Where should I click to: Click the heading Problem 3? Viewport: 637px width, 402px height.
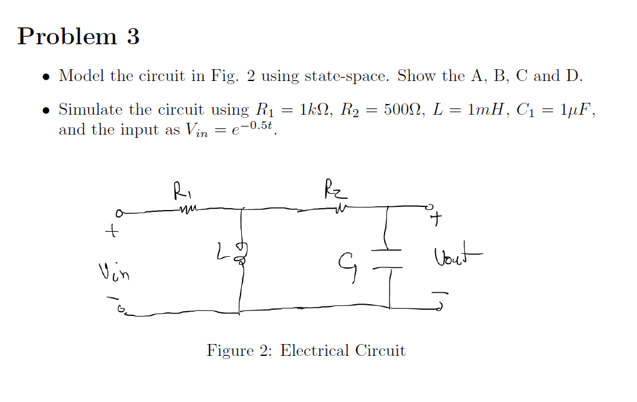(79, 36)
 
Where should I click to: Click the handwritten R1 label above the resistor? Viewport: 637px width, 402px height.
(180, 188)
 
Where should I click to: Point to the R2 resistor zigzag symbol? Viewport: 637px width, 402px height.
(340, 208)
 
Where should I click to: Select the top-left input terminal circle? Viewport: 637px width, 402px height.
(117, 213)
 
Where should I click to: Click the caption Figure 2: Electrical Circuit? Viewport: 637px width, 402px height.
(306, 351)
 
